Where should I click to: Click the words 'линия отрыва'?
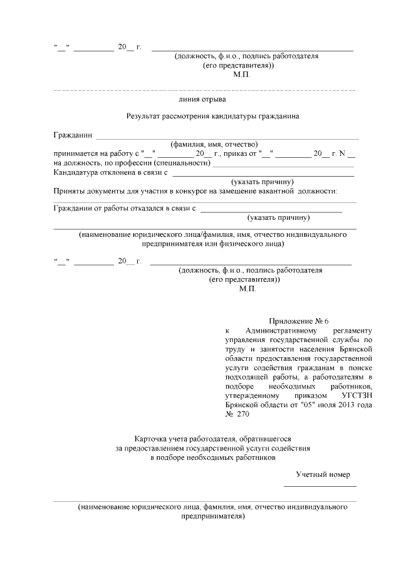pos(202,99)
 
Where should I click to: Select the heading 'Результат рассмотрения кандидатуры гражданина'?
pos(212,116)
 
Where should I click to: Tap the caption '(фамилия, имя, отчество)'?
pos(214,143)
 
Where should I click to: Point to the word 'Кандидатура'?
pos(76,172)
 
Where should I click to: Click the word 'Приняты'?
pos(68,190)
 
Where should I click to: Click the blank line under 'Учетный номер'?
pos(320,486)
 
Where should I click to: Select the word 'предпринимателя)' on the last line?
pos(213,518)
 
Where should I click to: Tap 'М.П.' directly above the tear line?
pos(241,75)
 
